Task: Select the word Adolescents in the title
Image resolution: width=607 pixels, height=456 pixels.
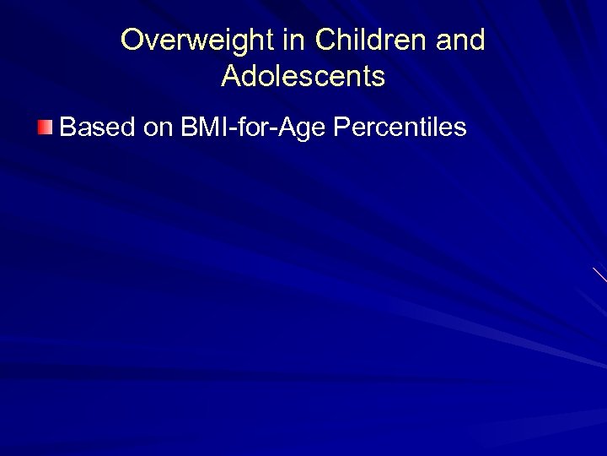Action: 303,77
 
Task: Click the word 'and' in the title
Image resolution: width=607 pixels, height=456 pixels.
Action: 462,41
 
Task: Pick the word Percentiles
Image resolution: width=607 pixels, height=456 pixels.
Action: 400,128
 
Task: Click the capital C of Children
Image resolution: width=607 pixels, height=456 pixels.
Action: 327,41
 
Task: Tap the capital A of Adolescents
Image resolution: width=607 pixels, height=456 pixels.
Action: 232,77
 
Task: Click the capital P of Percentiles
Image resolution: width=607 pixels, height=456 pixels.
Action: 344,128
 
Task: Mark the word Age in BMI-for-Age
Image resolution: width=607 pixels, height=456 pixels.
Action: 306,129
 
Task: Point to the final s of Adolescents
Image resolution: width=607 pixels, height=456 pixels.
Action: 379,78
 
